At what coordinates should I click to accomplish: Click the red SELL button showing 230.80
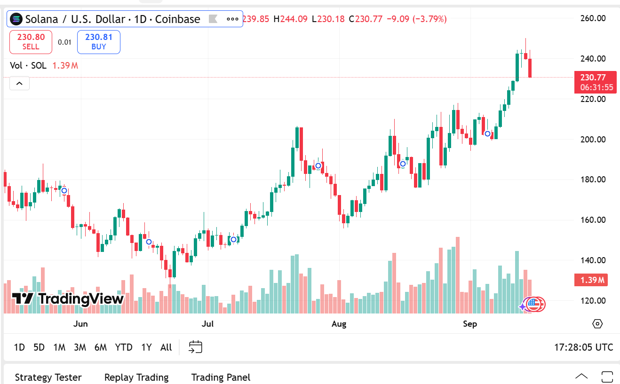(x=31, y=42)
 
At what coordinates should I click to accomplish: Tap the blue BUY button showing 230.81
(x=99, y=42)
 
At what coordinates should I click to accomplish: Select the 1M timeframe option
(x=59, y=347)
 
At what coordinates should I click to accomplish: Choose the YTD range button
(x=124, y=347)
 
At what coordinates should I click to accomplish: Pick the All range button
(x=166, y=347)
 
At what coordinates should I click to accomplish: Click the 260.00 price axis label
(x=592, y=18)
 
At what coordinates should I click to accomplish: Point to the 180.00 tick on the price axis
(x=592, y=180)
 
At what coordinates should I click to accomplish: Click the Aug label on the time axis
(x=339, y=324)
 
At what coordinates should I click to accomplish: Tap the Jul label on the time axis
(x=207, y=324)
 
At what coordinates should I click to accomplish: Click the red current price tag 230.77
(x=595, y=82)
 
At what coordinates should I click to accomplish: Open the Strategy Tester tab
(x=48, y=377)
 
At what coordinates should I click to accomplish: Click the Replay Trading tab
(x=136, y=377)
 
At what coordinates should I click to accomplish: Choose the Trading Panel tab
(x=221, y=377)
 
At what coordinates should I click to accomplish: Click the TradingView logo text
(x=69, y=298)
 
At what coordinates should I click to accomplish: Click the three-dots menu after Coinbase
(x=232, y=19)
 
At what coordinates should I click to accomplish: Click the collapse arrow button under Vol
(x=19, y=84)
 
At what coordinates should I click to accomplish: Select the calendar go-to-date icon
(x=195, y=347)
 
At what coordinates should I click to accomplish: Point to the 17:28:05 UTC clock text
(x=583, y=347)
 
